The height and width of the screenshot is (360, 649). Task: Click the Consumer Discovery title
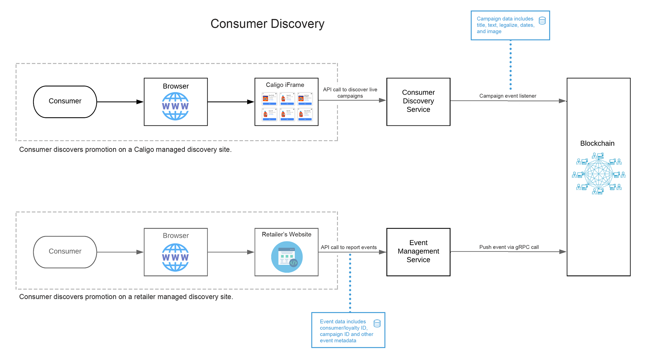pyautogui.click(x=267, y=24)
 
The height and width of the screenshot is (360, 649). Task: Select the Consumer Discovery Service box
pyautogui.click(x=418, y=101)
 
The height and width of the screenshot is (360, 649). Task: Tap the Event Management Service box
pyautogui.click(x=418, y=251)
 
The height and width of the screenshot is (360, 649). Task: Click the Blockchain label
pyautogui.click(x=597, y=143)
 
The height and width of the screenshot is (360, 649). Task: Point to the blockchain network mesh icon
pyautogui.click(x=599, y=174)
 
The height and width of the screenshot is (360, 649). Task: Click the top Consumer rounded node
pyautogui.click(x=65, y=101)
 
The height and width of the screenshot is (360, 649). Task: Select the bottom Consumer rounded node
pyautogui.click(x=65, y=251)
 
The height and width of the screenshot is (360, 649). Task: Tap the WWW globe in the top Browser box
pyautogui.click(x=175, y=106)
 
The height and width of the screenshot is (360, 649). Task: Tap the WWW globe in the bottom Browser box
pyautogui.click(x=175, y=257)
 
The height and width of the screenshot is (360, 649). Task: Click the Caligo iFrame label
pyautogui.click(x=285, y=85)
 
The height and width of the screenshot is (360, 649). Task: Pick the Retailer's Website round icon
pyautogui.click(x=287, y=257)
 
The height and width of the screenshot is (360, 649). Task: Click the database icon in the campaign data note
pyautogui.click(x=542, y=21)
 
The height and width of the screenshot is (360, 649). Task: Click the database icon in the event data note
pyautogui.click(x=377, y=323)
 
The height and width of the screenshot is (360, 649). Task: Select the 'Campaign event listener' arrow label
pyautogui.click(x=507, y=96)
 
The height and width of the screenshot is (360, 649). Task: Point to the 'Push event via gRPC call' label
pyautogui.click(x=509, y=247)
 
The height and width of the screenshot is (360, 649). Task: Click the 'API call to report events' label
pyautogui.click(x=348, y=247)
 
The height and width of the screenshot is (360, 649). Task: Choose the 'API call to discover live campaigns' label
pyautogui.click(x=350, y=93)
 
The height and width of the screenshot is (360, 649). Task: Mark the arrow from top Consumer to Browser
pyautogui.click(x=120, y=102)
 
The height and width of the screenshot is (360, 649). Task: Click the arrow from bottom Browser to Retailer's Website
pyautogui.click(x=231, y=252)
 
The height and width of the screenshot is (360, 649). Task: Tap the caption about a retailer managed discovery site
pyautogui.click(x=126, y=297)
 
